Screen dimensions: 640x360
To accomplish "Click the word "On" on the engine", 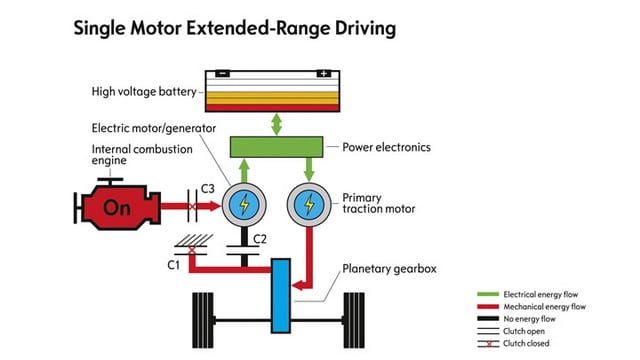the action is [x=117, y=208].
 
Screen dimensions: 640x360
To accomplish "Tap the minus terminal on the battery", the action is [x=222, y=73].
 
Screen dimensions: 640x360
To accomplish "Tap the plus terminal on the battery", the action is [x=324, y=73].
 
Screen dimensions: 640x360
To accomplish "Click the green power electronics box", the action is [x=276, y=147].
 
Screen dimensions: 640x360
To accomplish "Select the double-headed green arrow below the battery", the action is [x=276, y=124].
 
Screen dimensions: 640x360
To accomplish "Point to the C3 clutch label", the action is [x=208, y=189].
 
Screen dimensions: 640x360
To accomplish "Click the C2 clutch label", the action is [x=260, y=239].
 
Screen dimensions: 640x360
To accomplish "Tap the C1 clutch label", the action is [x=173, y=265].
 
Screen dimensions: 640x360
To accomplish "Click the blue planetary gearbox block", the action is [x=281, y=296].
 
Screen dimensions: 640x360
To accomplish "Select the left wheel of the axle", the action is [x=203, y=320].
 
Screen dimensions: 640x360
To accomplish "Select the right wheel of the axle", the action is [x=354, y=320].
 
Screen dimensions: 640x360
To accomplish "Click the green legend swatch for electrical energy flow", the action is [x=488, y=294].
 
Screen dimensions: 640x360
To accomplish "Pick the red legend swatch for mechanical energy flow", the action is [x=488, y=307].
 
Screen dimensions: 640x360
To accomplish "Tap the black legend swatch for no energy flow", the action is [x=488, y=319].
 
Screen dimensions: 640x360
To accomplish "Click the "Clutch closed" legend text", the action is [x=526, y=343].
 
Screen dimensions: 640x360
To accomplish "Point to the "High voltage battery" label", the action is [x=144, y=92].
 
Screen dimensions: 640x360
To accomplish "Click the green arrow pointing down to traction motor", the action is [x=309, y=169].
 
